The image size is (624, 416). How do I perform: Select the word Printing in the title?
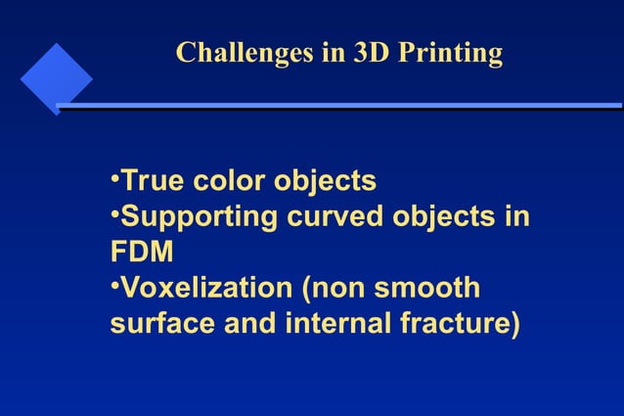451,53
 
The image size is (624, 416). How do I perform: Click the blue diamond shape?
56,77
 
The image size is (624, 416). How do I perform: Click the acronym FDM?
142,252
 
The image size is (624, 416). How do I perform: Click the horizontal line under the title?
342,106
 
